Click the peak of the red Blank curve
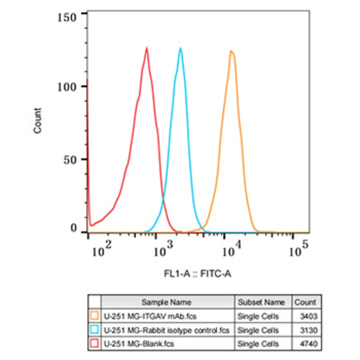pos(147,48)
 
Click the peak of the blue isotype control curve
pos(180,48)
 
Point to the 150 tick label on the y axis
pos(69,17)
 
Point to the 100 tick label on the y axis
pos(69,87)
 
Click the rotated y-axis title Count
pos(38,120)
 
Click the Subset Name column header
pos(261,302)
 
